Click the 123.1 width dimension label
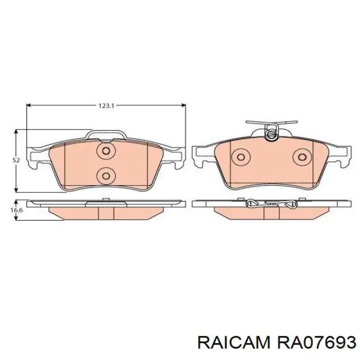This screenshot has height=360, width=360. (x=106, y=106)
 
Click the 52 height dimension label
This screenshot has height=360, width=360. (x=16, y=160)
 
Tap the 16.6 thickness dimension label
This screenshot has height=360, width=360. (x=16, y=210)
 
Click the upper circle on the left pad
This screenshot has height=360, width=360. (x=106, y=151)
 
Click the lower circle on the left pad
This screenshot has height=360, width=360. (x=106, y=176)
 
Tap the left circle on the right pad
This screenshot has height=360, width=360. (x=241, y=157)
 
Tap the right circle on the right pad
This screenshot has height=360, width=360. (x=302, y=157)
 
